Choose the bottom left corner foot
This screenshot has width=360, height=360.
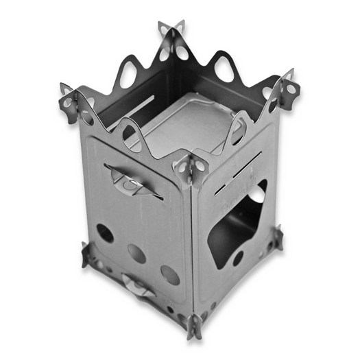(x=86, y=254)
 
